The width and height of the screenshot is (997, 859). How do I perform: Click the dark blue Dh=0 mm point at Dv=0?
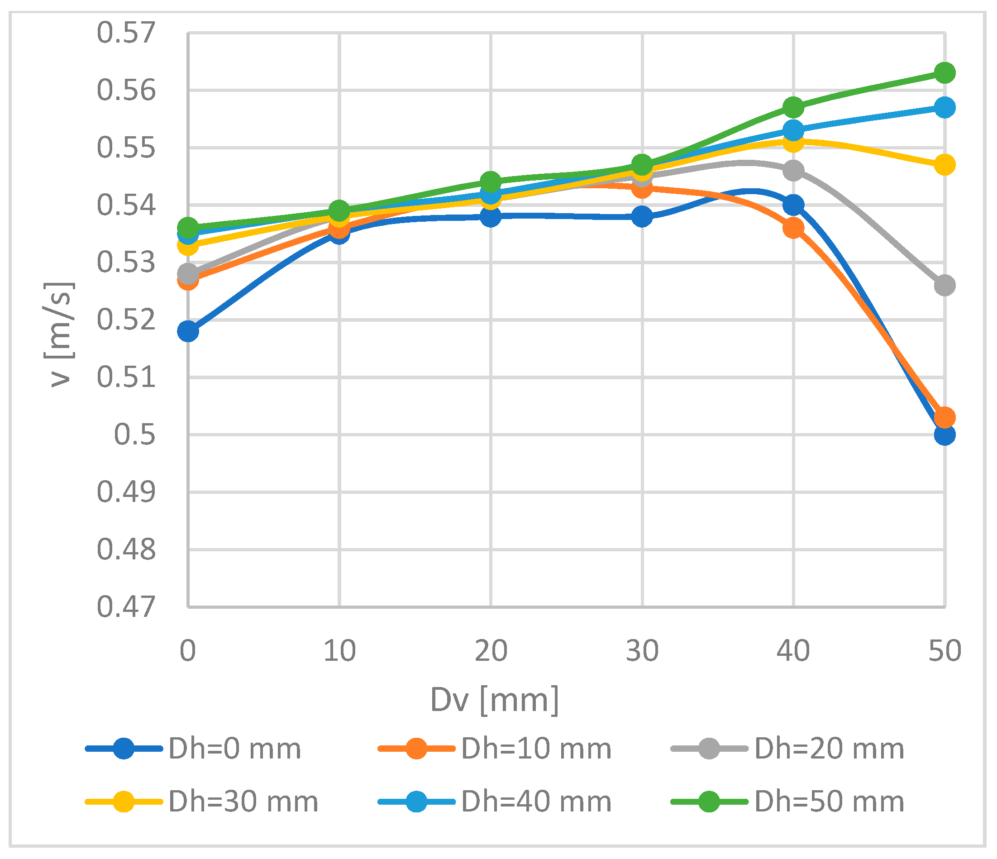pos(188,331)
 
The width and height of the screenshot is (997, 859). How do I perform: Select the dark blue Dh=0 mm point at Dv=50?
pos(945,434)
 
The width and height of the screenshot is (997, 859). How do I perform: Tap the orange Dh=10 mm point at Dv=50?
pos(945,417)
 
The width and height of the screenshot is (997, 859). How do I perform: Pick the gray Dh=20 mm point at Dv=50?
pos(945,286)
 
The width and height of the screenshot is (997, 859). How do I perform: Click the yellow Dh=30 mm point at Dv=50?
pos(945,165)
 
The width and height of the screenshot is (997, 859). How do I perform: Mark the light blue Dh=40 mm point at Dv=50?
pos(945,107)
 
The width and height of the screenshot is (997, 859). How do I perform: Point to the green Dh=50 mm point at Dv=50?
pos(945,73)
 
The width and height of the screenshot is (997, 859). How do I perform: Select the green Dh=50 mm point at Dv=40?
pos(793,107)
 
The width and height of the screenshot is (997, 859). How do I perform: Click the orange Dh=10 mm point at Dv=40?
pos(793,228)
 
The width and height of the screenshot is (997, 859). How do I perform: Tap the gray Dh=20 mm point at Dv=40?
pos(793,170)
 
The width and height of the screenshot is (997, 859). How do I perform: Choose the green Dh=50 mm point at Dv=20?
pos(491,182)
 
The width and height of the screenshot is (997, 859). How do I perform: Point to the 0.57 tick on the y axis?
pos(127,33)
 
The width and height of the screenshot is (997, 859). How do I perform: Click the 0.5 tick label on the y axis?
pos(135,434)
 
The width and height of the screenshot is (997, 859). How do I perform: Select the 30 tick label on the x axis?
pos(642,651)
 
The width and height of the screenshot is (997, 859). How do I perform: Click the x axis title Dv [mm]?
pos(494,700)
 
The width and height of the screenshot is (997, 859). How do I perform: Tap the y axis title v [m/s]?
pos(60,334)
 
